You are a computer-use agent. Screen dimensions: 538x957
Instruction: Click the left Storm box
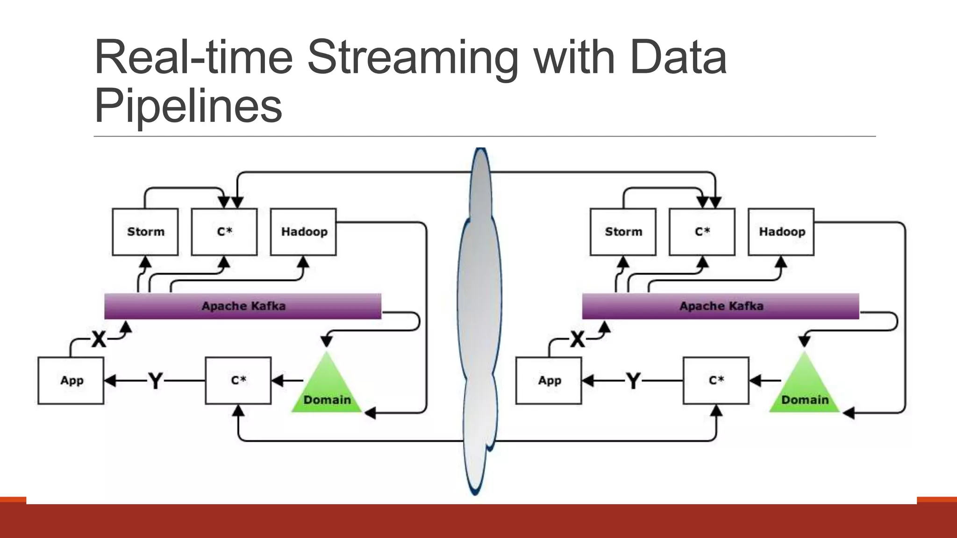coord(145,232)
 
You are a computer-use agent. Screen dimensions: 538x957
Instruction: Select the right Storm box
coord(623,232)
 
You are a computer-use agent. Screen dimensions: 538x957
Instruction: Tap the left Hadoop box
coord(304,232)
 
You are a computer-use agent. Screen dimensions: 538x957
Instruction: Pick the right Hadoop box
coord(781,232)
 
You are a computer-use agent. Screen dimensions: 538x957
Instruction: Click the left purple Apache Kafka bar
coord(243,306)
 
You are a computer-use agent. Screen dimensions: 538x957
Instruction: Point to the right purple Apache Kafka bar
coord(721,306)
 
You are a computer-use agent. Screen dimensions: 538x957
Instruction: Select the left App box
coord(71,380)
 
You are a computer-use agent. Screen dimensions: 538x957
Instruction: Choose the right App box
coord(549,380)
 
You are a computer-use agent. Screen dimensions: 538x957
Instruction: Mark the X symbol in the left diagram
coord(99,339)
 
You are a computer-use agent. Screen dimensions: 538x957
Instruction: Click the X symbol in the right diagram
coord(578,339)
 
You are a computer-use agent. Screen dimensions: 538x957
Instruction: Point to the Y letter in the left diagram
coord(155,381)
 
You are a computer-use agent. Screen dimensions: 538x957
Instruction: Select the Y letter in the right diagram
coord(633,381)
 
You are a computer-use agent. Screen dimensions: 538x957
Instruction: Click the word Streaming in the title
coord(412,58)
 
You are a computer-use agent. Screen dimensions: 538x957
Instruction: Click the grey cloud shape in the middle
coord(479,304)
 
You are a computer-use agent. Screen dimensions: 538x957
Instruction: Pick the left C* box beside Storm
coord(224,232)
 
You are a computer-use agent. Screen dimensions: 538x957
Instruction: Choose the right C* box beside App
coord(716,380)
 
